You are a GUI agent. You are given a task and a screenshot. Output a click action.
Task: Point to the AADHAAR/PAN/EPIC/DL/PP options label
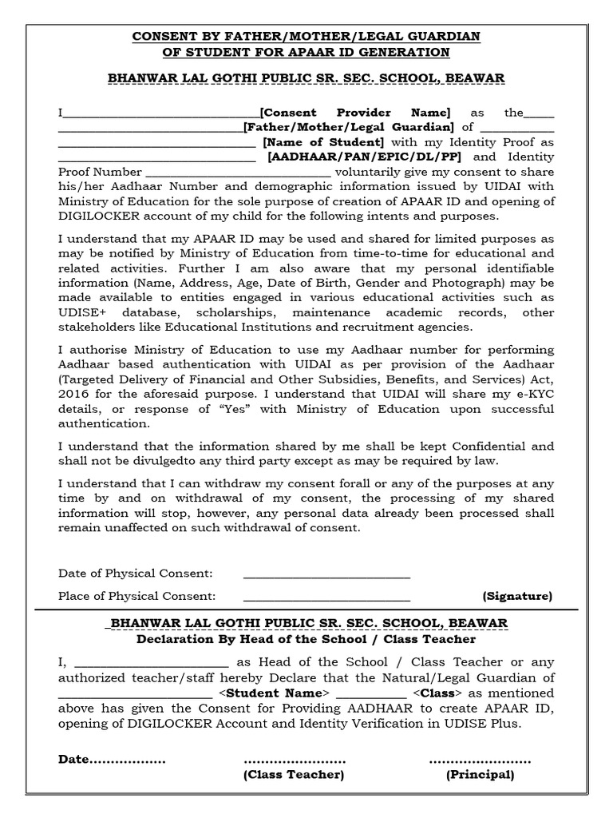point(365,157)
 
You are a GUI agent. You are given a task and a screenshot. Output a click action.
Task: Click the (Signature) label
point(517,596)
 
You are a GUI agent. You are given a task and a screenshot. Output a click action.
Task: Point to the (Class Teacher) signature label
point(294,775)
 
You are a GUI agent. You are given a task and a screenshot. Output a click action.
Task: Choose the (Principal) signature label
point(480,775)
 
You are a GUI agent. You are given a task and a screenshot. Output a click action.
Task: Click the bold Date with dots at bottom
point(111,760)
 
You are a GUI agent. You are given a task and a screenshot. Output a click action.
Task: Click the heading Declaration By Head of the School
point(306,639)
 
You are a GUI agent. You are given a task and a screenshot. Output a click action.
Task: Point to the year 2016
point(73,394)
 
